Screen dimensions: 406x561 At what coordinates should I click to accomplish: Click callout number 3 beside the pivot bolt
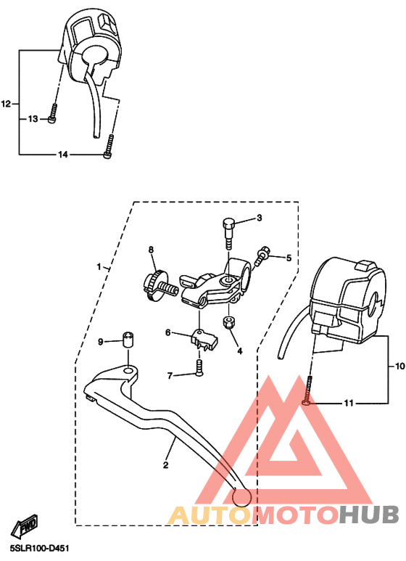(259, 218)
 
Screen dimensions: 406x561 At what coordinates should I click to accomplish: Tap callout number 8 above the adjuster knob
(151, 250)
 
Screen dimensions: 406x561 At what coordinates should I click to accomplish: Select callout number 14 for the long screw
(63, 155)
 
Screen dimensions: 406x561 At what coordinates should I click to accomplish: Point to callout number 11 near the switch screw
(349, 404)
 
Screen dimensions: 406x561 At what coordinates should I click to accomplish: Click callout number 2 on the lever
(165, 465)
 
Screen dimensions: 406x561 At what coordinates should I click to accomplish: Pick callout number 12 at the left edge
(7, 104)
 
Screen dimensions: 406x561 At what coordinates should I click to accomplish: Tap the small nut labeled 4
(228, 322)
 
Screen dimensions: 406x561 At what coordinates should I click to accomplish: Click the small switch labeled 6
(204, 338)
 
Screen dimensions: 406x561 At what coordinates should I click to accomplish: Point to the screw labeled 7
(199, 367)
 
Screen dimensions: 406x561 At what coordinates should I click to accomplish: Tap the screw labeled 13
(52, 114)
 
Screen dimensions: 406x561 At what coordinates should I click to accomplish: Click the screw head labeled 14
(107, 155)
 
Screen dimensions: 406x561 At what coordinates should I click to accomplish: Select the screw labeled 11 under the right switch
(307, 390)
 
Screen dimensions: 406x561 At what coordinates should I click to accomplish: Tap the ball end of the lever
(241, 498)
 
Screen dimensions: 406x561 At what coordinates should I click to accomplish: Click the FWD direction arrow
(25, 526)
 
